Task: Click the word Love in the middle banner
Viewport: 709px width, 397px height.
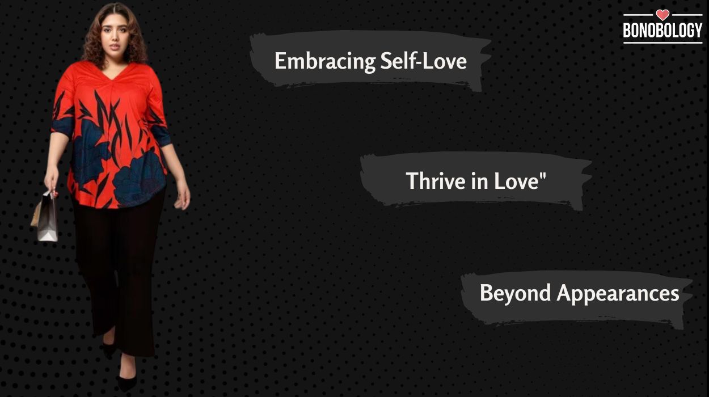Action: click(x=514, y=181)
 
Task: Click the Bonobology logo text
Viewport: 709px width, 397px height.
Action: click(x=662, y=32)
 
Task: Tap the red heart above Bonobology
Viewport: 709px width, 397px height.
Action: click(x=662, y=15)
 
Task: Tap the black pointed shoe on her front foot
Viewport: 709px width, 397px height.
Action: click(x=126, y=381)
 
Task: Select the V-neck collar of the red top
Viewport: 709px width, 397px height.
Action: click(x=116, y=74)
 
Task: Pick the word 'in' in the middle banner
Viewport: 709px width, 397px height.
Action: click(x=465, y=181)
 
